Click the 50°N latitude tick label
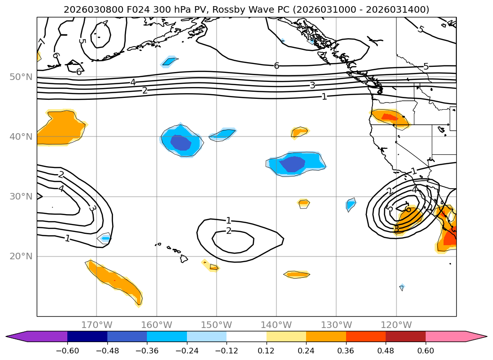point(21,77)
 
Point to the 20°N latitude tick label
point(21,256)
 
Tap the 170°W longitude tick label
point(97,325)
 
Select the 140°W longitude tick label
point(276,325)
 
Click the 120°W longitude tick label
point(396,325)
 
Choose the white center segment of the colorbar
point(246,336)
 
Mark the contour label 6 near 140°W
point(277,65)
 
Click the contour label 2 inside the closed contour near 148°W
point(229,231)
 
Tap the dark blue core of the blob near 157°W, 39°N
point(180,142)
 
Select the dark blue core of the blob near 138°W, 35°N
point(292,164)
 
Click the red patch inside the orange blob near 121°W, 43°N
point(389,117)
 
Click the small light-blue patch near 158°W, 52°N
point(169,61)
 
